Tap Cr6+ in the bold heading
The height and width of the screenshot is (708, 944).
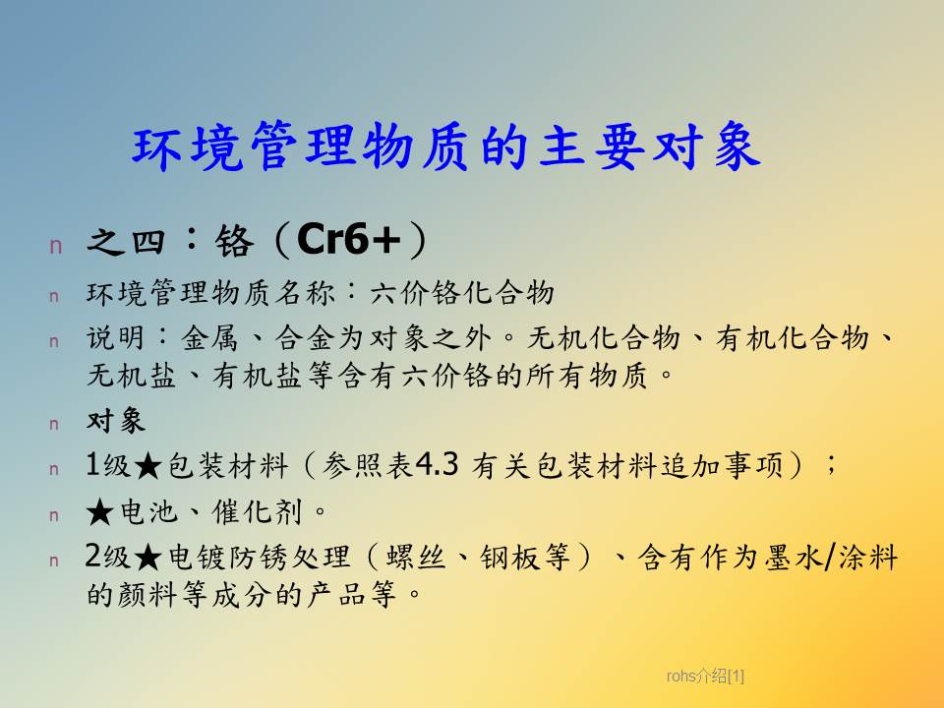pyautogui.click(x=348, y=239)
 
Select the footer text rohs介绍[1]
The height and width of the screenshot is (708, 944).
pyautogui.click(x=705, y=677)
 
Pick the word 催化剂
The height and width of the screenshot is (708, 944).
pyautogui.click(x=256, y=511)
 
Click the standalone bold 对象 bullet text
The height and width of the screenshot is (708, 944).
pyautogui.click(x=116, y=420)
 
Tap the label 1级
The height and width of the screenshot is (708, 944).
pyautogui.click(x=108, y=465)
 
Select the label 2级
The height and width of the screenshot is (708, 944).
pyautogui.click(x=108, y=557)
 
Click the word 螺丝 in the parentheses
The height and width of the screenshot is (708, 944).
pyautogui.click(x=415, y=557)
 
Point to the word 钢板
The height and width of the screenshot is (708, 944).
pyautogui.click(x=509, y=557)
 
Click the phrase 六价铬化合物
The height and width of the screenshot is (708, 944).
pyautogui.click(x=462, y=293)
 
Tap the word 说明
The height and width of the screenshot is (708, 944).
pyautogui.click(x=116, y=337)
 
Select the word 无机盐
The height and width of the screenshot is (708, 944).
pyautogui.click(x=131, y=376)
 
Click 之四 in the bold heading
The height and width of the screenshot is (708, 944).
pyautogui.click(x=126, y=242)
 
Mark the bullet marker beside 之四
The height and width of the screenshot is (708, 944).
pyautogui.click(x=56, y=246)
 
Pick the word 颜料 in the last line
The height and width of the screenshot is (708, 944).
pyautogui.click(x=147, y=594)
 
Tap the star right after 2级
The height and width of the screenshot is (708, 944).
pyautogui.click(x=147, y=558)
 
